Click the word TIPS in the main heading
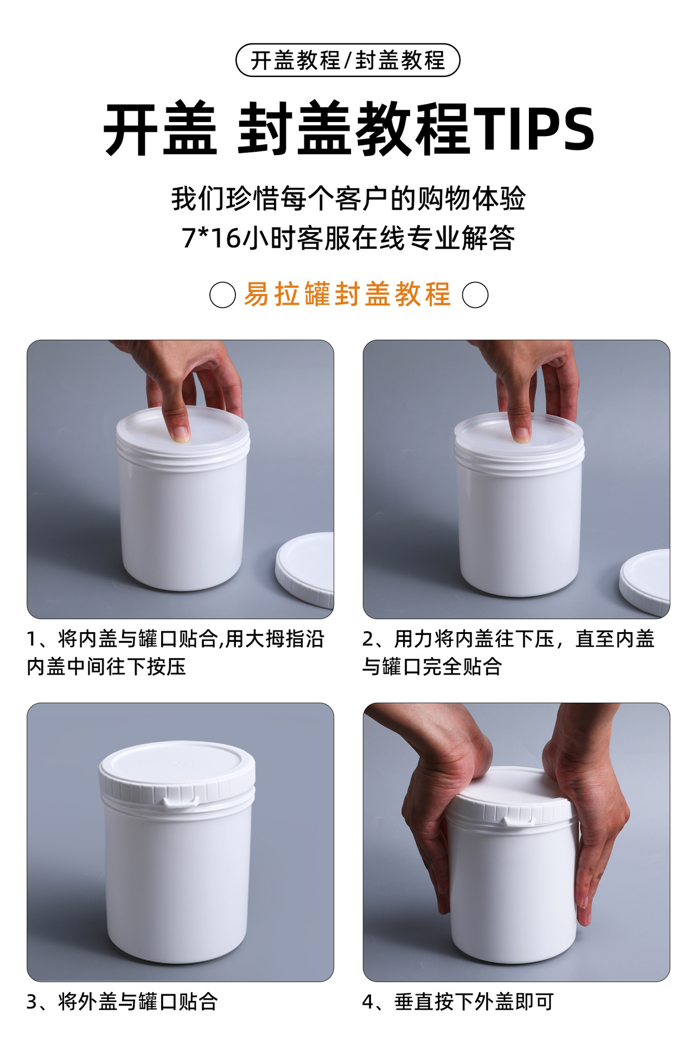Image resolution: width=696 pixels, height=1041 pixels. [534, 129]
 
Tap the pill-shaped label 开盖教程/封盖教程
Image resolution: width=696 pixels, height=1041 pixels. [348, 60]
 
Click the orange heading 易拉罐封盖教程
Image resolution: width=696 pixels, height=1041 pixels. [348, 294]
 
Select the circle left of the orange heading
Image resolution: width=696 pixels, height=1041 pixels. [222, 295]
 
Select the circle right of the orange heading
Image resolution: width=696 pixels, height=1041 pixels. [475, 295]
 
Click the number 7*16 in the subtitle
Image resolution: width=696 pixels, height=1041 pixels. [211, 238]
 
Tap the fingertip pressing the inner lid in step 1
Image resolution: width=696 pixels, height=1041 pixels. [180, 433]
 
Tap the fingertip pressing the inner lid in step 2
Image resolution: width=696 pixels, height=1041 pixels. [521, 434]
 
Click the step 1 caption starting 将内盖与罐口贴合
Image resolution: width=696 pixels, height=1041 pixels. [175, 653]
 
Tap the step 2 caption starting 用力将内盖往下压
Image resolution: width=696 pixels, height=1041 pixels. [508, 653]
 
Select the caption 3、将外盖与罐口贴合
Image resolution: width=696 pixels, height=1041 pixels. [122, 1001]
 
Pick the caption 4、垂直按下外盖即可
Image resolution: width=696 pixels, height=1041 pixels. [458, 1001]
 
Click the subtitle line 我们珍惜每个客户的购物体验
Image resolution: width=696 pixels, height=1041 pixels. [348, 198]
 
